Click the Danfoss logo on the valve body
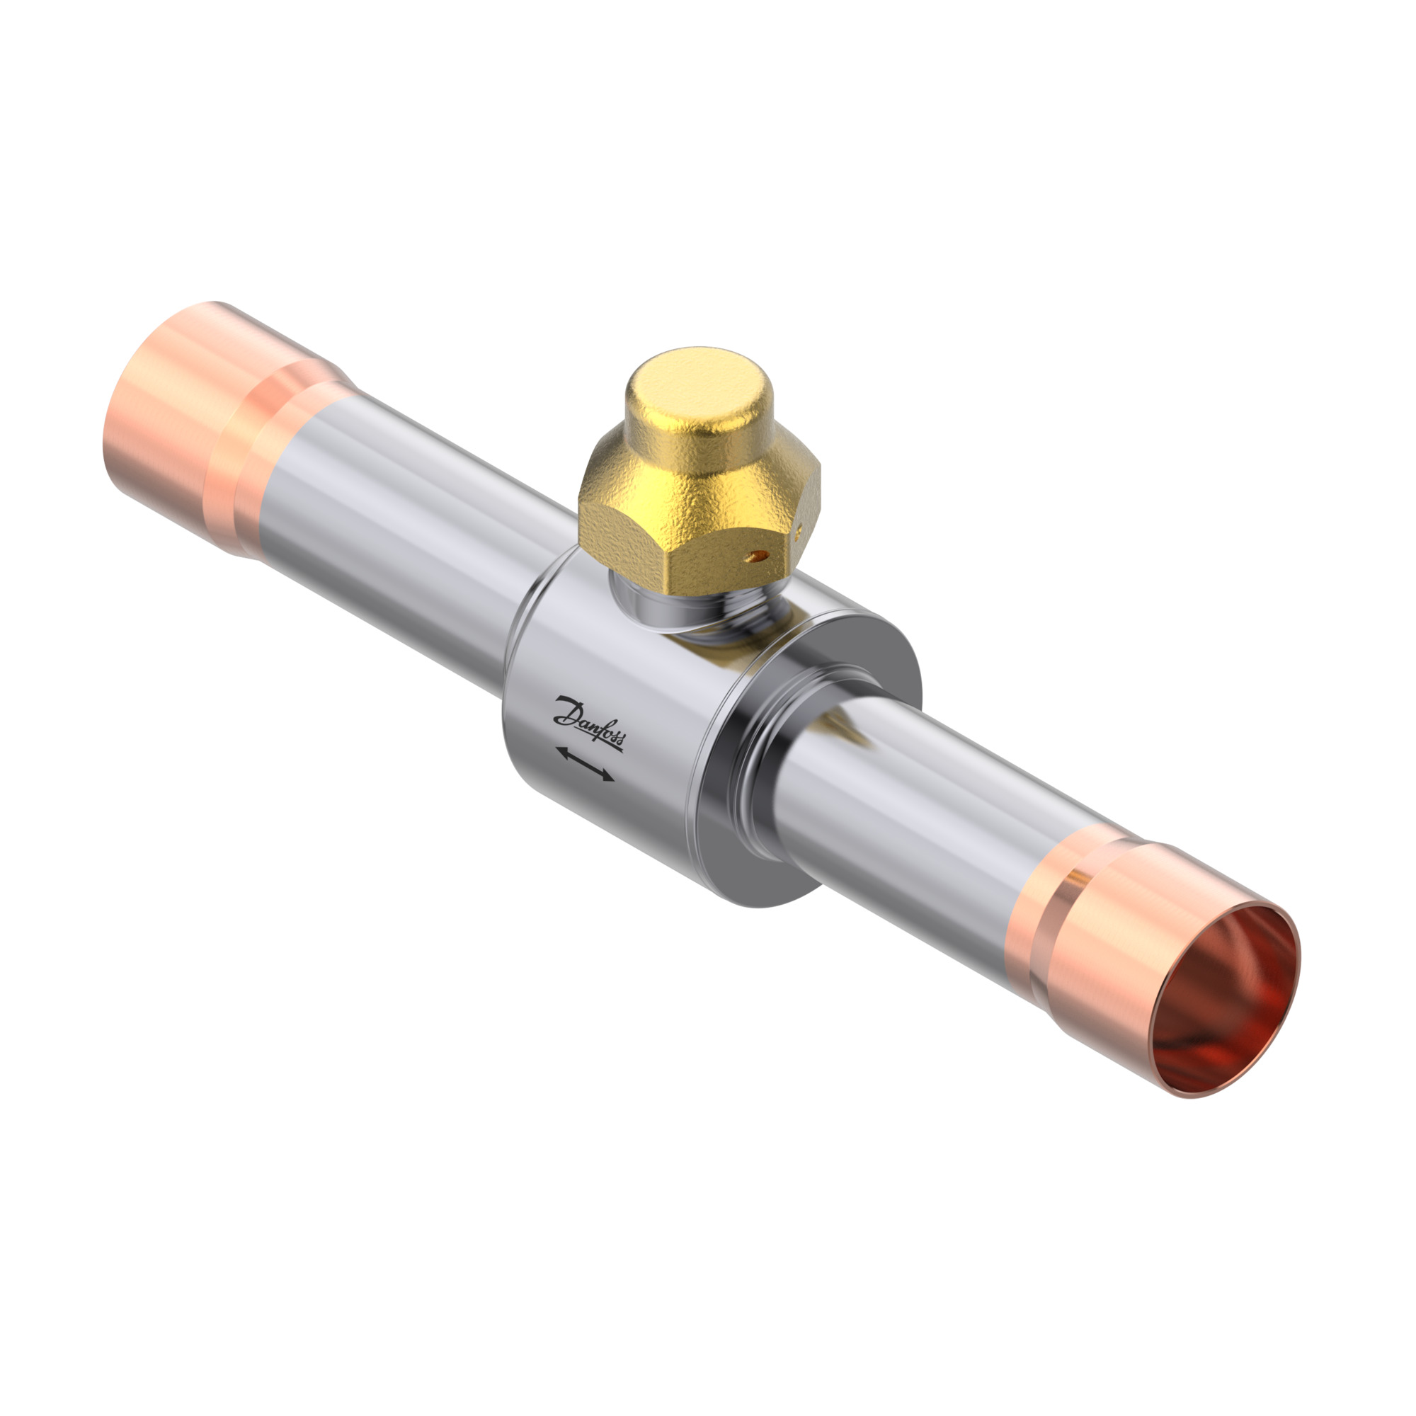pos(589,724)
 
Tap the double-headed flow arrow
pos(585,764)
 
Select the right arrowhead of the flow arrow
pos(607,775)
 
